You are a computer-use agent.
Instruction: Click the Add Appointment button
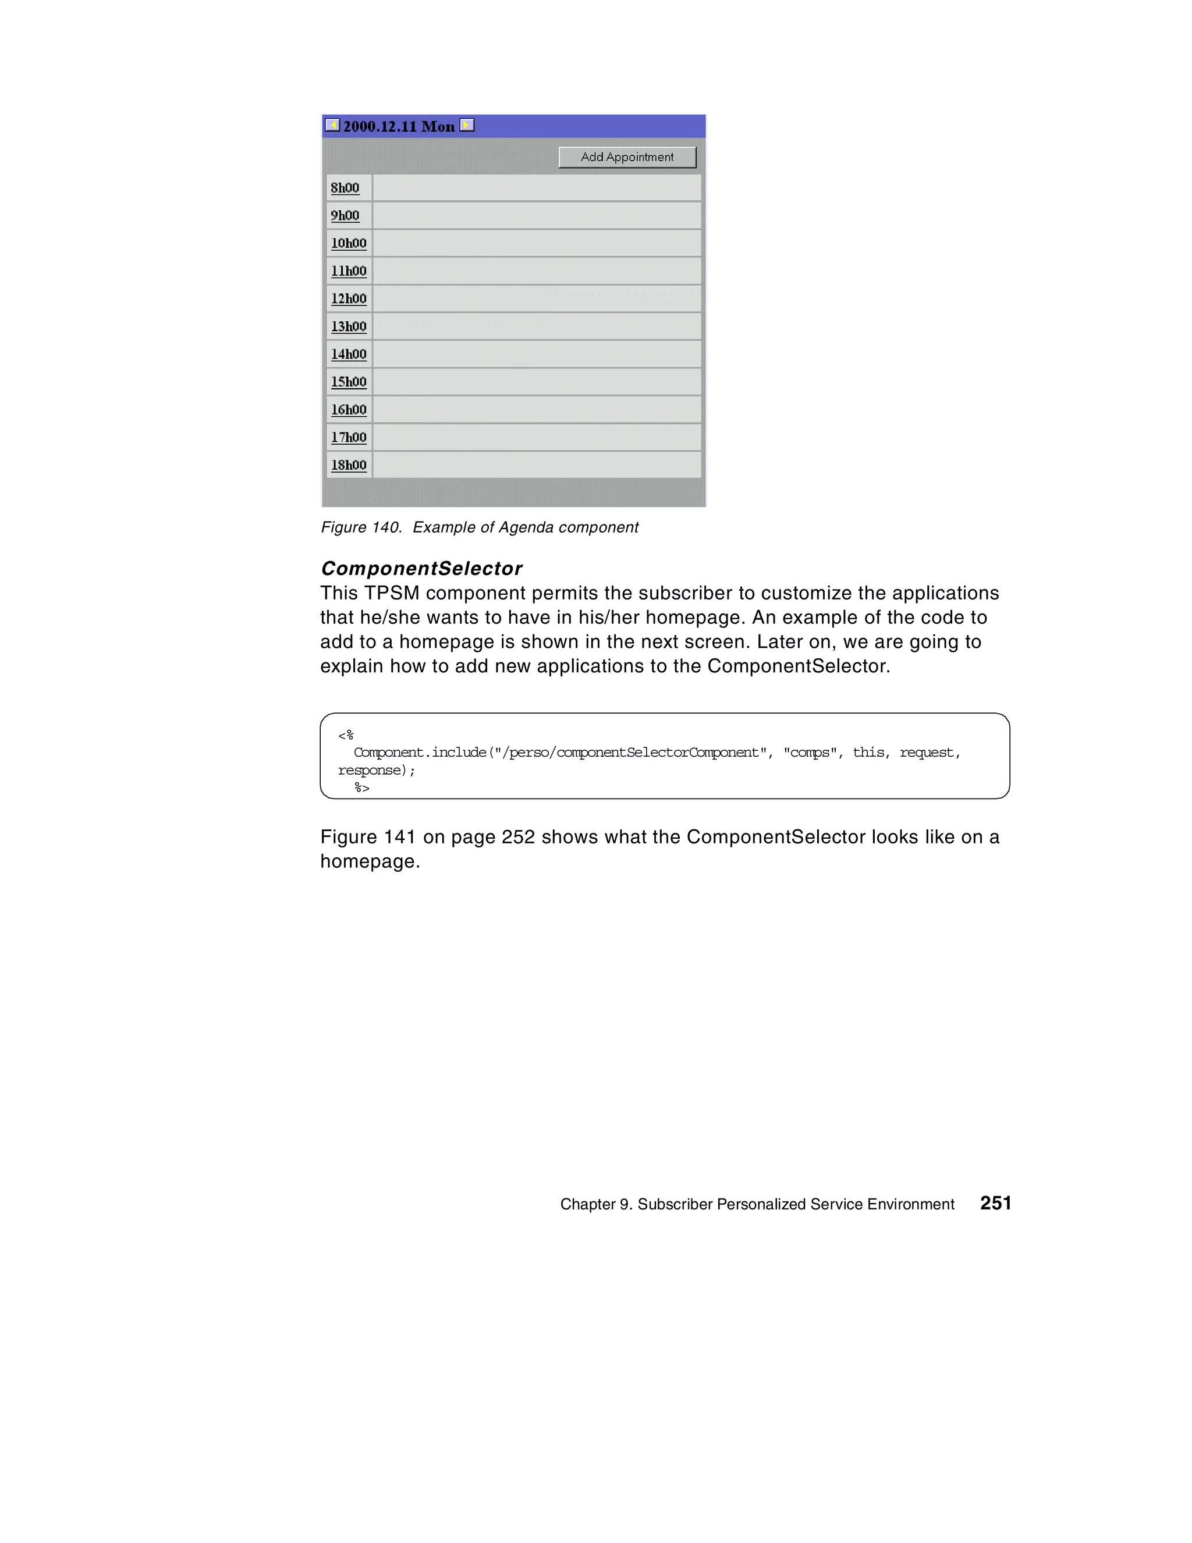pos(627,157)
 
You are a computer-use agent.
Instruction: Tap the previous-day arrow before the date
pos(332,125)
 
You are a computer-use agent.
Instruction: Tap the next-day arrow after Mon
pos(467,125)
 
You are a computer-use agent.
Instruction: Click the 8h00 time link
pos(345,188)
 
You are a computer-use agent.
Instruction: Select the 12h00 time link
pos(348,299)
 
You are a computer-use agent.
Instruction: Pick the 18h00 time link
pos(348,465)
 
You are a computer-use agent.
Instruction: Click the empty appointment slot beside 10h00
pos(536,243)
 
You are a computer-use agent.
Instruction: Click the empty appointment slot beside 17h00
pos(536,437)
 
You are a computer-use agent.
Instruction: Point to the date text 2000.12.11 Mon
pos(399,126)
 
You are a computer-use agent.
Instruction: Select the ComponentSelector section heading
pos(421,568)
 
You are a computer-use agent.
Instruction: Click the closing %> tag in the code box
pos(362,788)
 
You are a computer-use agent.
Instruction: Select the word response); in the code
pos(376,770)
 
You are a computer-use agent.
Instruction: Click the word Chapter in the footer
pos(587,1205)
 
